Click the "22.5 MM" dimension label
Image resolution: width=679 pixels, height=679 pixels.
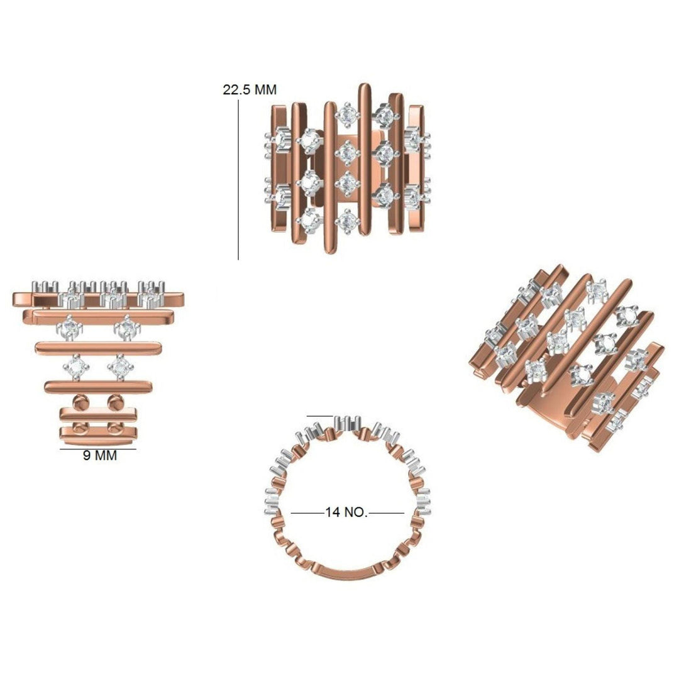click(250, 90)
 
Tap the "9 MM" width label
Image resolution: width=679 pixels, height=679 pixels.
click(99, 456)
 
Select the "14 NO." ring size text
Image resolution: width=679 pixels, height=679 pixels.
click(346, 512)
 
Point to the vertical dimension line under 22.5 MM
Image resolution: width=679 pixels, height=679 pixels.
click(238, 180)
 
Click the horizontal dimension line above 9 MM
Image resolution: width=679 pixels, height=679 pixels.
click(98, 449)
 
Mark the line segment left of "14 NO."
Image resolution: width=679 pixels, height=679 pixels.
click(308, 513)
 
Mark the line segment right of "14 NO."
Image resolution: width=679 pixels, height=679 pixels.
click(386, 513)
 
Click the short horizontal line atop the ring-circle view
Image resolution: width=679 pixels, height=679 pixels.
click(320, 416)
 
